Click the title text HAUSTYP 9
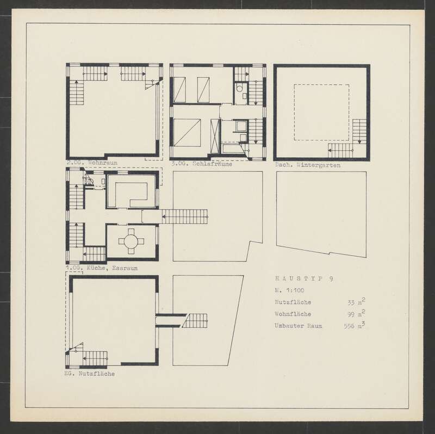click(x=304, y=278)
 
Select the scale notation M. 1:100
click(x=289, y=290)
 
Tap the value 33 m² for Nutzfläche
click(x=356, y=302)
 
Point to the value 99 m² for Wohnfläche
click(x=356, y=314)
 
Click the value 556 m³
click(x=355, y=325)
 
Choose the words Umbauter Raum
click(x=298, y=326)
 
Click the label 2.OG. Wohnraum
click(x=92, y=163)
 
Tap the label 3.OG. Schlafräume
click(x=202, y=164)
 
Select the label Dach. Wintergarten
click(x=308, y=165)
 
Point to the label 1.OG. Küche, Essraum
click(x=102, y=268)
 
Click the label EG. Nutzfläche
click(x=89, y=374)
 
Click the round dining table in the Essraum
click(x=131, y=241)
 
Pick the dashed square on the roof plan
click(x=321, y=84)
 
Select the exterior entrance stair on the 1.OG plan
click(x=185, y=216)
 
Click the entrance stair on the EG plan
click(x=195, y=321)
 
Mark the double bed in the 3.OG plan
click(x=187, y=133)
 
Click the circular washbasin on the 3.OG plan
click(x=239, y=89)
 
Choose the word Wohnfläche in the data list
click(x=293, y=314)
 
